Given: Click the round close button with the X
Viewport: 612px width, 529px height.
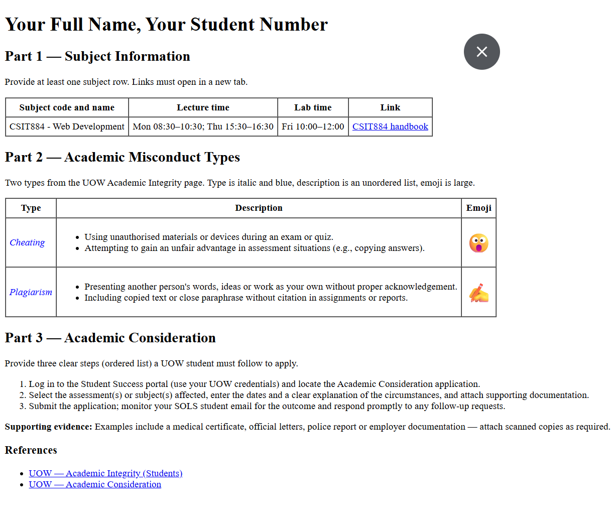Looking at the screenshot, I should click(x=481, y=52).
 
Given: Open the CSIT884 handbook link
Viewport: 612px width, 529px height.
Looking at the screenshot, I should click(x=390, y=126).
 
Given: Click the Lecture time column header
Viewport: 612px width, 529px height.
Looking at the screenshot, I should click(x=203, y=107).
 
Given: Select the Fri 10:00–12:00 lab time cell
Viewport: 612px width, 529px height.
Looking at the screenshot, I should click(x=313, y=126).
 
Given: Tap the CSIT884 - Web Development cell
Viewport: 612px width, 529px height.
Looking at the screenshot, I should click(x=67, y=126).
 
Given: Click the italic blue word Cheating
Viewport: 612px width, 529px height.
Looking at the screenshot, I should click(x=27, y=242).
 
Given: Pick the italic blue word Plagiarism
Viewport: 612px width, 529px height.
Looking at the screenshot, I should click(x=31, y=292).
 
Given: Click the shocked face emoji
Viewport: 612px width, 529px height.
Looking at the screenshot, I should click(x=478, y=243).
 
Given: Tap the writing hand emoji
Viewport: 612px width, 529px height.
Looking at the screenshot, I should click(x=478, y=293).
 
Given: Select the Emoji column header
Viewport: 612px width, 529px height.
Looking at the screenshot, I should click(x=478, y=208).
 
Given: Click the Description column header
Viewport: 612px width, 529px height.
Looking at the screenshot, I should click(x=259, y=208).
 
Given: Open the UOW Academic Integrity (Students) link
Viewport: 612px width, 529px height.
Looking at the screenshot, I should click(x=105, y=473).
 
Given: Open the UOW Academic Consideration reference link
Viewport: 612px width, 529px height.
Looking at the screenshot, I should click(x=95, y=484).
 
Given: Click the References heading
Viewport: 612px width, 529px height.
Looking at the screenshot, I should click(x=31, y=450).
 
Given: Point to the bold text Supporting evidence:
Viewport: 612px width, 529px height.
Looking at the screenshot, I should click(x=49, y=427).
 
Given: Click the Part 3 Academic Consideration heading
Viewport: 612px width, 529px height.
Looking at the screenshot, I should click(x=110, y=338).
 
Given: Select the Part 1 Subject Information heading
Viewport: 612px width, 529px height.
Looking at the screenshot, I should click(x=97, y=56).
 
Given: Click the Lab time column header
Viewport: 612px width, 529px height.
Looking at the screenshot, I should click(x=313, y=107).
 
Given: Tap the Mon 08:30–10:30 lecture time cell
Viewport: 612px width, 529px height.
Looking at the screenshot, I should click(x=203, y=126).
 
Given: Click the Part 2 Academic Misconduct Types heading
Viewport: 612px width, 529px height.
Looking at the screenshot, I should click(x=123, y=157).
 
